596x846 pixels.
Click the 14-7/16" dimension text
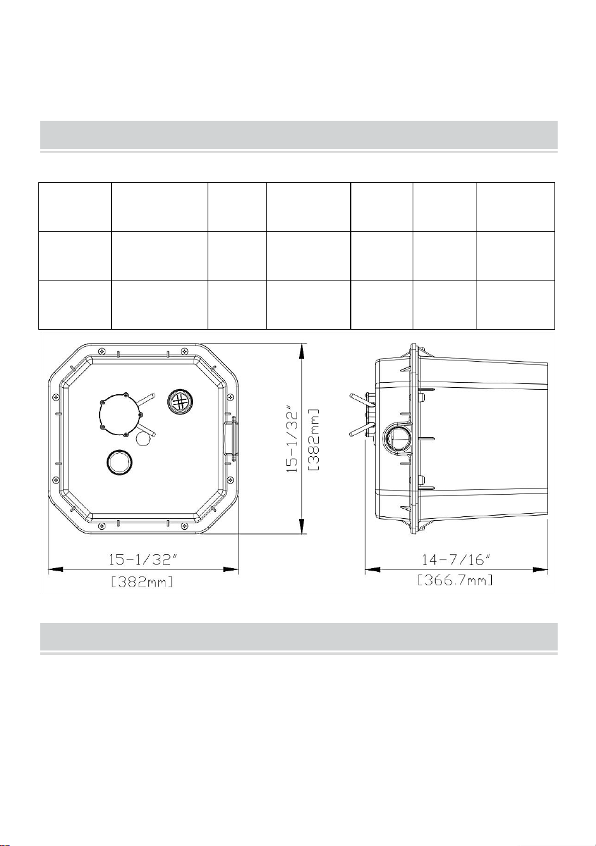point(455,559)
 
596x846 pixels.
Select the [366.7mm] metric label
point(455,580)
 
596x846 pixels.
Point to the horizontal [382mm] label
point(142,582)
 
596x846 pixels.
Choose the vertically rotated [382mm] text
point(314,439)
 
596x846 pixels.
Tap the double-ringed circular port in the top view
point(119,461)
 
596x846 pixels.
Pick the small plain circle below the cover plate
point(143,439)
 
